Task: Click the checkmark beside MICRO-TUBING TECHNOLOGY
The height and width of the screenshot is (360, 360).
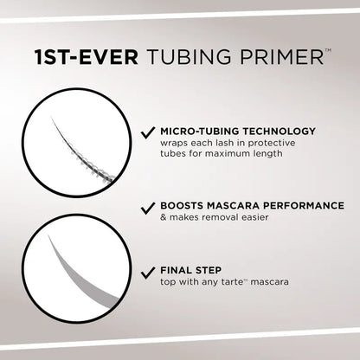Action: pos(148,133)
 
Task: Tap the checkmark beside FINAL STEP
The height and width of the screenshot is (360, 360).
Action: pos(148,269)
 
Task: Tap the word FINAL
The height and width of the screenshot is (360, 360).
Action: pos(176,269)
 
